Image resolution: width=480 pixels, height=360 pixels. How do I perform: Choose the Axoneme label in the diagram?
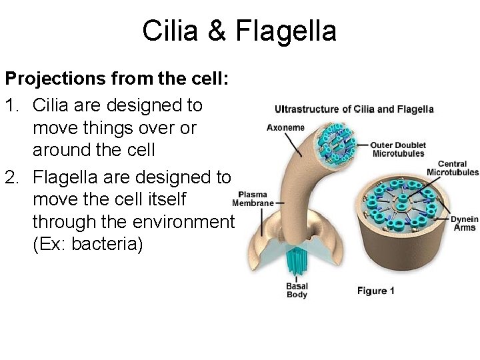[285, 127]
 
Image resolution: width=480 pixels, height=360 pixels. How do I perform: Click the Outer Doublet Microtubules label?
[398, 149]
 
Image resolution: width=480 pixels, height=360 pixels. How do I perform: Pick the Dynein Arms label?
[464, 223]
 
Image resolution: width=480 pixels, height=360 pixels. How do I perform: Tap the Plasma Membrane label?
[253, 199]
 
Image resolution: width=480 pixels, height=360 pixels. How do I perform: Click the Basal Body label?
[297, 291]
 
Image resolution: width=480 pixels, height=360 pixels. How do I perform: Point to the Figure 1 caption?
[375, 291]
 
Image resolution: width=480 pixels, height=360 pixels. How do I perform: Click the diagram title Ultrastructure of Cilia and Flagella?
[354, 109]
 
